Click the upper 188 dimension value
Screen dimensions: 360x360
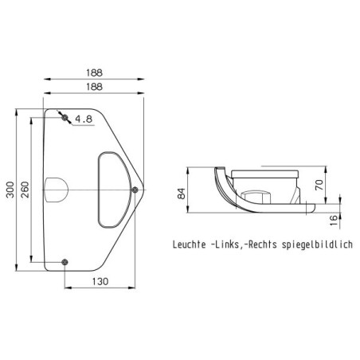coord(94,72)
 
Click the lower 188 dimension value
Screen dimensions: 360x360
coord(94,87)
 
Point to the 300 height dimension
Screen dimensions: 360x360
coord(10,190)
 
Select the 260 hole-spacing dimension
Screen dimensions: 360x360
coord(25,190)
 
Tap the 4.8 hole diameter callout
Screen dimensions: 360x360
coord(84,119)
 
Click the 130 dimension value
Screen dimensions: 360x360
coord(100,281)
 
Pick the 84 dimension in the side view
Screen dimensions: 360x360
coord(182,194)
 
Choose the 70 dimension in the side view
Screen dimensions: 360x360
coord(319,185)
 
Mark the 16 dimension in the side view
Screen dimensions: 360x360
coord(334,220)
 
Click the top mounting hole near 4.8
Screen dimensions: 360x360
coord(65,117)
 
